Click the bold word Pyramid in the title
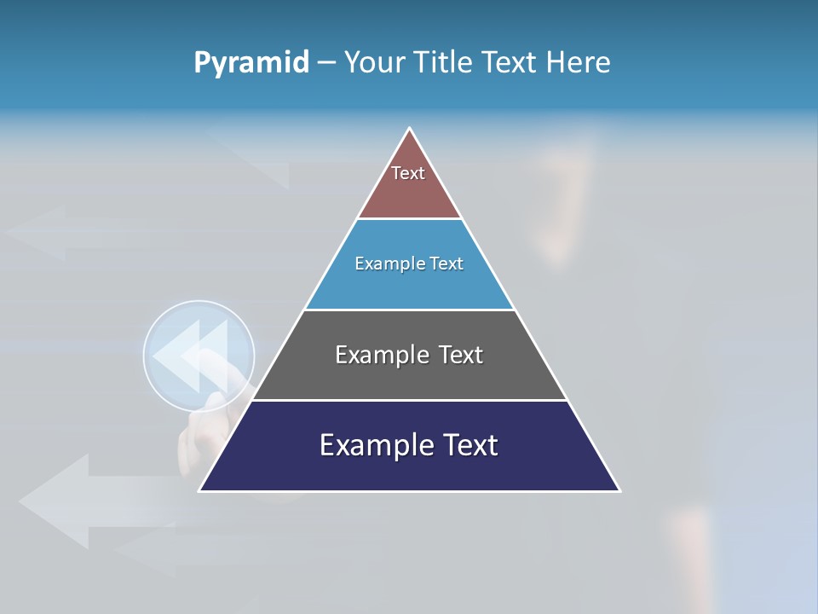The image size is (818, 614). pyautogui.click(x=251, y=62)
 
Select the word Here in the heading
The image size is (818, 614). pyautogui.click(x=578, y=62)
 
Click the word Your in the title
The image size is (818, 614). pyautogui.click(x=372, y=62)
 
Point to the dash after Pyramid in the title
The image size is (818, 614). pyautogui.click(x=326, y=63)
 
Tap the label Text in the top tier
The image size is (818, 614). pyautogui.click(x=408, y=173)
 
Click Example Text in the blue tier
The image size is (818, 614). pyautogui.click(x=409, y=264)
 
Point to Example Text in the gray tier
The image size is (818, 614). pyautogui.click(x=409, y=355)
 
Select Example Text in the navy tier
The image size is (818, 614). pyautogui.click(x=409, y=445)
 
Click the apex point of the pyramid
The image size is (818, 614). pyautogui.click(x=410, y=130)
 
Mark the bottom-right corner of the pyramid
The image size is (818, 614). pyautogui.click(x=619, y=490)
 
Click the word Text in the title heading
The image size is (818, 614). pyautogui.click(x=511, y=62)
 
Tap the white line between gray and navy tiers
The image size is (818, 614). pyautogui.click(x=410, y=400)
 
